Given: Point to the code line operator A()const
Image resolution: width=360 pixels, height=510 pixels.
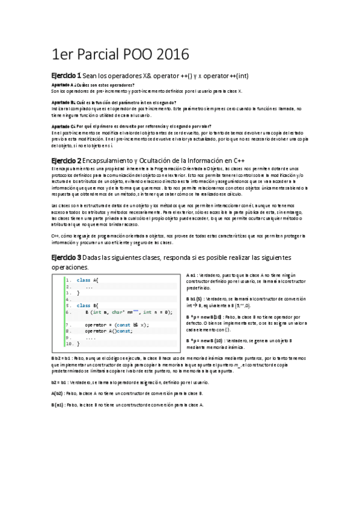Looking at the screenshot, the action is [108, 331].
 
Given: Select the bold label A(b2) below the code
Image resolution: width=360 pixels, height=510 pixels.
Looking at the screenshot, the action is [59, 393].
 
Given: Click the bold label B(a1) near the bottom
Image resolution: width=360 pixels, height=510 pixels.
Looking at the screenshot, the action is [59, 405].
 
